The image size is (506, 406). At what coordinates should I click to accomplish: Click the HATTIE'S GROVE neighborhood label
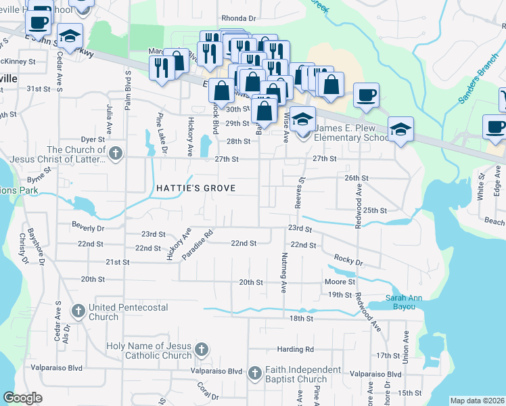coord(196,188)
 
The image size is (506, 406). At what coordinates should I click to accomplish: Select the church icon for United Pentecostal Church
coord(78,311)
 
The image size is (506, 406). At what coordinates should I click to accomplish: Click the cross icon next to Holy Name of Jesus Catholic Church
coord(201,350)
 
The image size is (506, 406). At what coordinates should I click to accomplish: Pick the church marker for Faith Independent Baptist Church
coord(255,374)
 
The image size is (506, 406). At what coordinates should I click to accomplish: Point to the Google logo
coord(22,398)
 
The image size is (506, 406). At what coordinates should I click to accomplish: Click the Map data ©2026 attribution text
coord(476,401)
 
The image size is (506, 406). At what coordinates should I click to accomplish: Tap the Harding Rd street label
coord(295,349)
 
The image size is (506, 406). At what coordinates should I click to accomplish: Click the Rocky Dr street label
coord(348,261)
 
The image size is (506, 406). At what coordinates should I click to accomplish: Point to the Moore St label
coord(340,281)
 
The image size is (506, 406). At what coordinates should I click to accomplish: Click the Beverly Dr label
coord(89,228)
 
